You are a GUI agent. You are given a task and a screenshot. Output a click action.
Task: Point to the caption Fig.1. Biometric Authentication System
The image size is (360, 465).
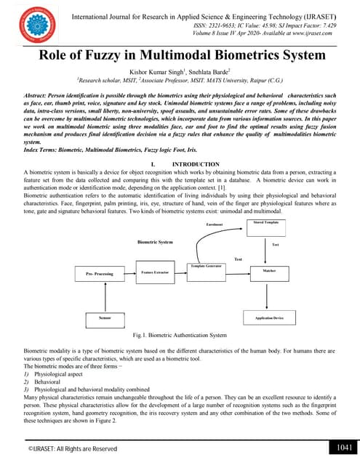point(180,336)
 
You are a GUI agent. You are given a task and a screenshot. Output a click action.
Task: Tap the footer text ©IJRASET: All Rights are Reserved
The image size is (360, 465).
point(73,450)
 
